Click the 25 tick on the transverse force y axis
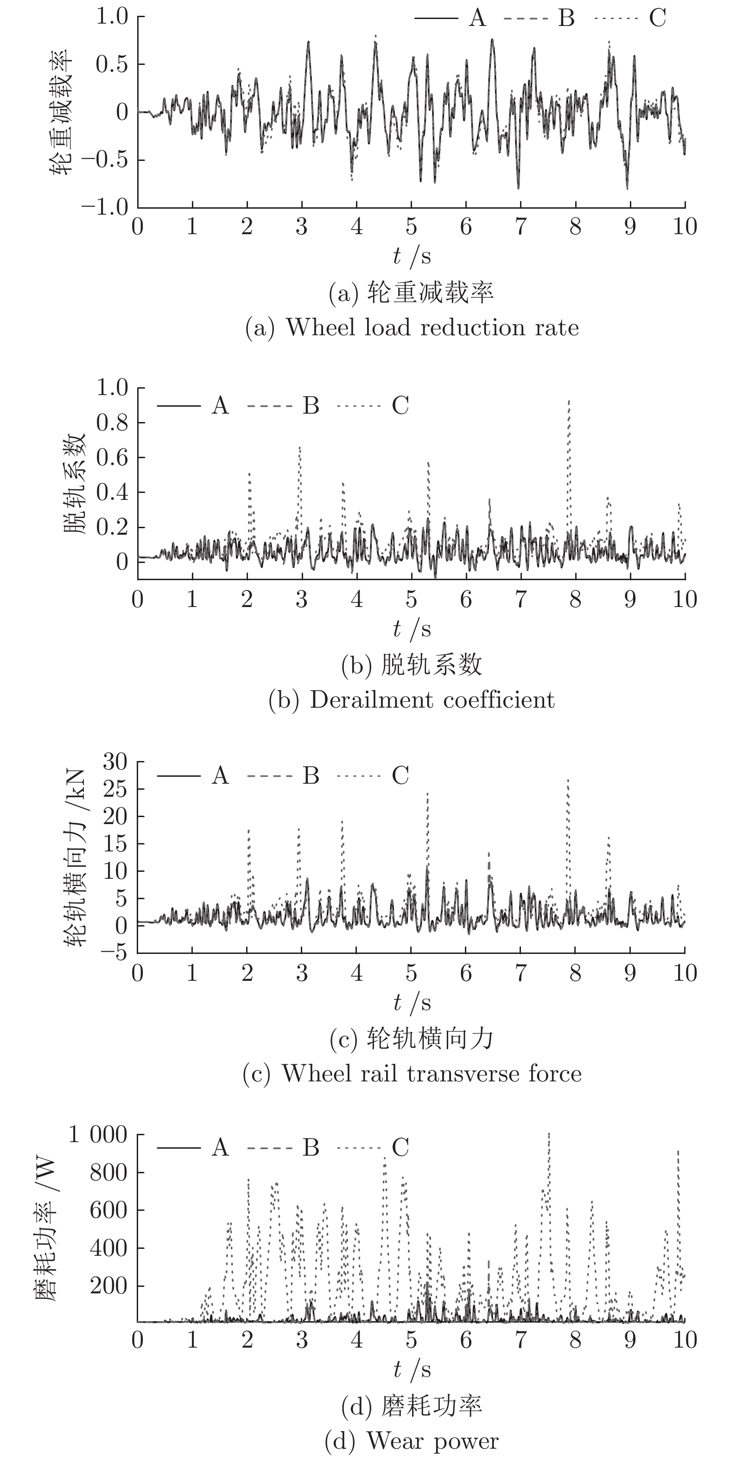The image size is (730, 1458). pyautogui.click(x=115, y=788)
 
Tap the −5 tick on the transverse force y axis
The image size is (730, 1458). pyautogui.click(x=114, y=953)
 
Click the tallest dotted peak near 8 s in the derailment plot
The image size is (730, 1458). pyautogui.click(x=569, y=400)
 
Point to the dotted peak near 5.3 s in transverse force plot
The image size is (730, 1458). pyautogui.click(x=427, y=793)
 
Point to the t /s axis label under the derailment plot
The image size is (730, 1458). pyautogui.click(x=412, y=629)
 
